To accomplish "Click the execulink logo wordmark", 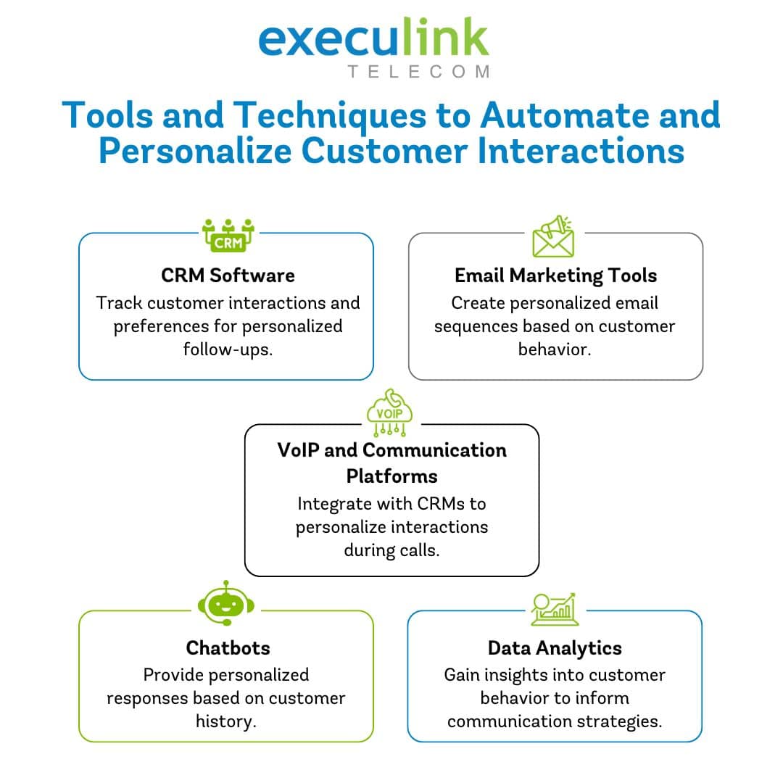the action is (x=373, y=38).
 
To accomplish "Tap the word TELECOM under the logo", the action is (x=419, y=72).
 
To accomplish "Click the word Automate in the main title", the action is (x=565, y=115).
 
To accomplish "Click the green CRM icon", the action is (x=228, y=236).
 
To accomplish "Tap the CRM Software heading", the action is (x=228, y=275).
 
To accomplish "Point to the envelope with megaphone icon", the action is (x=553, y=236).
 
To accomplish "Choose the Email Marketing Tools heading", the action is (x=555, y=275).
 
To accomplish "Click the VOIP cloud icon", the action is (x=389, y=413).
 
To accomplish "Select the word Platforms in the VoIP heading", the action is (x=392, y=476).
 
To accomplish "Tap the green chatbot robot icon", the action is (x=226, y=602).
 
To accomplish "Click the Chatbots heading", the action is (x=228, y=647).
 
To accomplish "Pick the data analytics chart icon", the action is (x=555, y=609).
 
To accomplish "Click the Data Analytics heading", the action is (x=555, y=648).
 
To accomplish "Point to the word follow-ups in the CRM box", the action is (x=228, y=349).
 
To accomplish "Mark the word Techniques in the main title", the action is (x=330, y=115).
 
